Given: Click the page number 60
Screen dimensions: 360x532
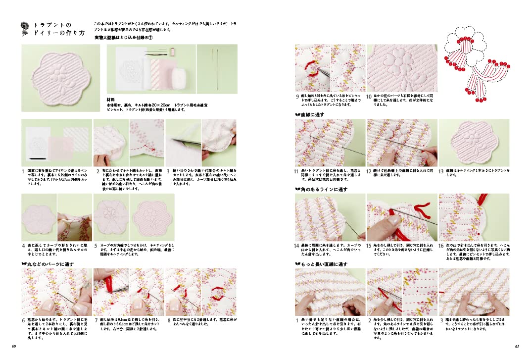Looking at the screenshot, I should pyautogui.click(x=14, y=346).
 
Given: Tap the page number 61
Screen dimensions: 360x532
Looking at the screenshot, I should pyautogui.click(x=517, y=346).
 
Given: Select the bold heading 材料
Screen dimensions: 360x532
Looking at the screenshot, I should pyautogui.click(x=111, y=99).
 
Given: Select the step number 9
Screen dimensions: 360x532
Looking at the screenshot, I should pyautogui.click(x=297, y=97).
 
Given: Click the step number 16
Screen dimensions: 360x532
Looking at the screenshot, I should pyautogui.click(x=441, y=246).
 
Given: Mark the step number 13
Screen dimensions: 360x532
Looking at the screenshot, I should pyautogui.click(x=441, y=171).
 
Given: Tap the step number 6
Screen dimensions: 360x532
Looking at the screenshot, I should pyautogui.click(x=23, y=320).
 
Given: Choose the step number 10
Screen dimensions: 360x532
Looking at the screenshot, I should pyautogui.click(x=369, y=97).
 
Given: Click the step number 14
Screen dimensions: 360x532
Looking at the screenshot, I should pyautogui.click(x=297, y=246).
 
